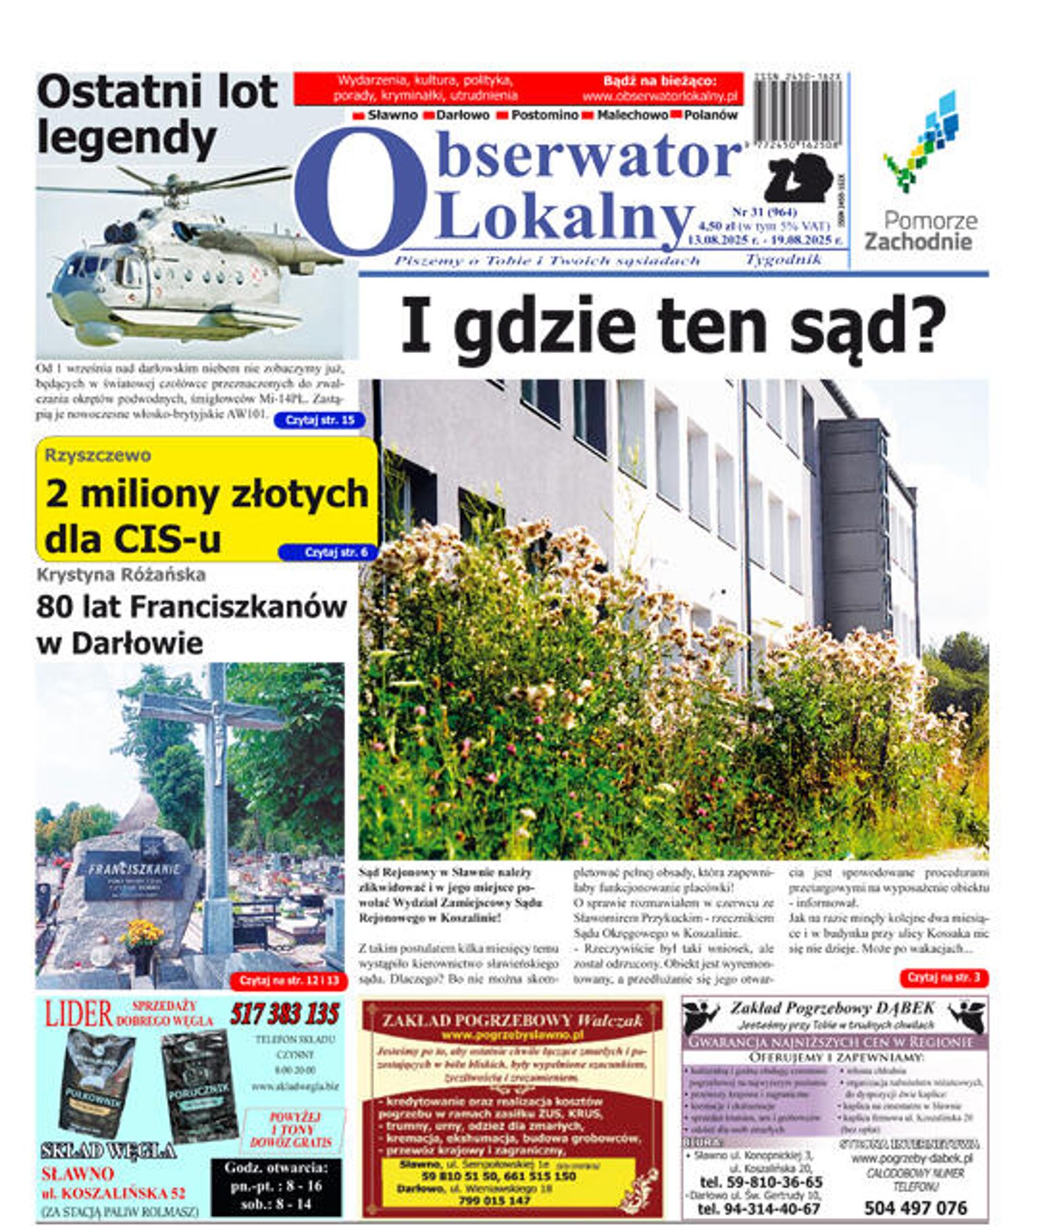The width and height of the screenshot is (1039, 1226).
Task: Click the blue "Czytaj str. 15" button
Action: (319, 420)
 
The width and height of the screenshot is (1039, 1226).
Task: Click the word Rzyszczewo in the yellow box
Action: (98, 455)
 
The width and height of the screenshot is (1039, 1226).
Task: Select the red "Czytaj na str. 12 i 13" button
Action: (289, 980)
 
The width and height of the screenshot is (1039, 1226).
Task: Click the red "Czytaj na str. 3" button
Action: (943, 977)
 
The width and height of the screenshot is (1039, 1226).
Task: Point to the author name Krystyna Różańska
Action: (121, 575)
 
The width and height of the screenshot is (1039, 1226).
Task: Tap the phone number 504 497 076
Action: (915, 1207)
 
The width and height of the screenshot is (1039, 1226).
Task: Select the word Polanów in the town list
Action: (710, 115)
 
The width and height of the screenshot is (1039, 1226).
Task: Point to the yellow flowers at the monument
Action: (141, 935)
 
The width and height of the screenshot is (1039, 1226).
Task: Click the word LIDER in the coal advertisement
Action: (78, 1014)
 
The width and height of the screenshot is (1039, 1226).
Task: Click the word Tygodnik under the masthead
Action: (783, 259)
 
